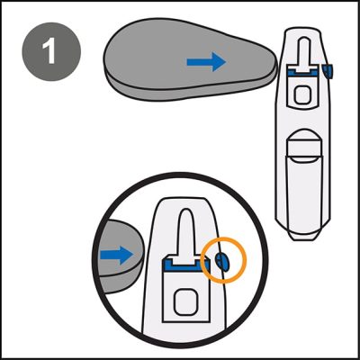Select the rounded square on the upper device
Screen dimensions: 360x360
[x=303, y=91]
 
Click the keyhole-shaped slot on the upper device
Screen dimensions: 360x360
[x=303, y=49]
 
